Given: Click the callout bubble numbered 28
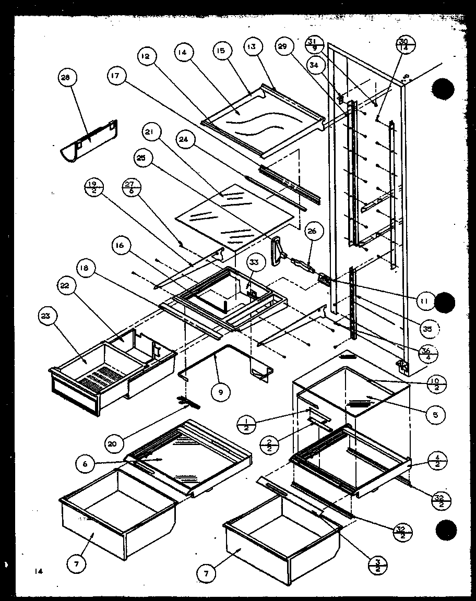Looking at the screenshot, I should tap(66, 79).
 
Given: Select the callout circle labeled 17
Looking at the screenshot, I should tap(115, 76).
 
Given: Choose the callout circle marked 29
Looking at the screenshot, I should tap(282, 47).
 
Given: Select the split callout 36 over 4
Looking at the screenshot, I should tap(429, 354).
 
